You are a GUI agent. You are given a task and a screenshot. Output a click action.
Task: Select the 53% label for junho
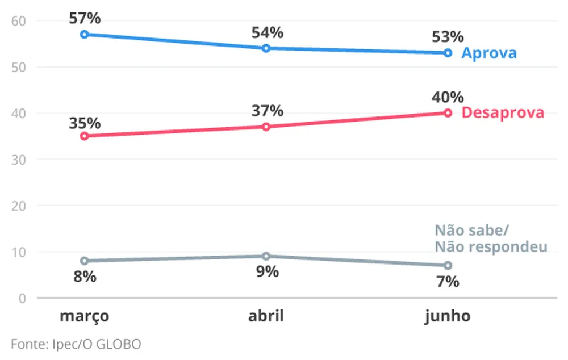(x=448, y=37)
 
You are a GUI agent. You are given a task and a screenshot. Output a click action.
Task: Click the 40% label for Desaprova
(x=448, y=98)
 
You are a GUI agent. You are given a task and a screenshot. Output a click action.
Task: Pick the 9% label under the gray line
(x=266, y=272)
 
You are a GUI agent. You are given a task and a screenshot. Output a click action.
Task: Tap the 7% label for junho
(x=448, y=281)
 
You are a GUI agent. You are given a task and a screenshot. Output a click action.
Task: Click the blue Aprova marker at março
(x=84, y=34)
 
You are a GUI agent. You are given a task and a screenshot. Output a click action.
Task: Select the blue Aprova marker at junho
(x=448, y=53)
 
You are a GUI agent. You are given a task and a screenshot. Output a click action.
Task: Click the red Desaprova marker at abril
(x=266, y=127)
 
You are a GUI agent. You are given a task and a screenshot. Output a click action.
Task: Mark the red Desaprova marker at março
(x=84, y=136)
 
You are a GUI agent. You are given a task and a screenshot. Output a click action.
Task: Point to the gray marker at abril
(x=266, y=256)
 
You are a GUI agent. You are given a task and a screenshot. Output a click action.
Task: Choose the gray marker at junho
(x=448, y=265)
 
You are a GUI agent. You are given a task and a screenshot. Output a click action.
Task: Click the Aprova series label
(x=488, y=53)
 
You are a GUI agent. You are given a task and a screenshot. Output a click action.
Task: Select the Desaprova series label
(x=503, y=112)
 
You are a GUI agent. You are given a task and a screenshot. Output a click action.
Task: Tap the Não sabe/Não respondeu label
(x=490, y=238)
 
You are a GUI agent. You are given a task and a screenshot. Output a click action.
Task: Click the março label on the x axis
(x=84, y=316)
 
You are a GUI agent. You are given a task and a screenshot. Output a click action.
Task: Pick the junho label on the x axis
(x=448, y=316)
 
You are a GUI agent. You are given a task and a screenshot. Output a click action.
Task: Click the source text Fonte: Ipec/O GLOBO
(x=76, y=344)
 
